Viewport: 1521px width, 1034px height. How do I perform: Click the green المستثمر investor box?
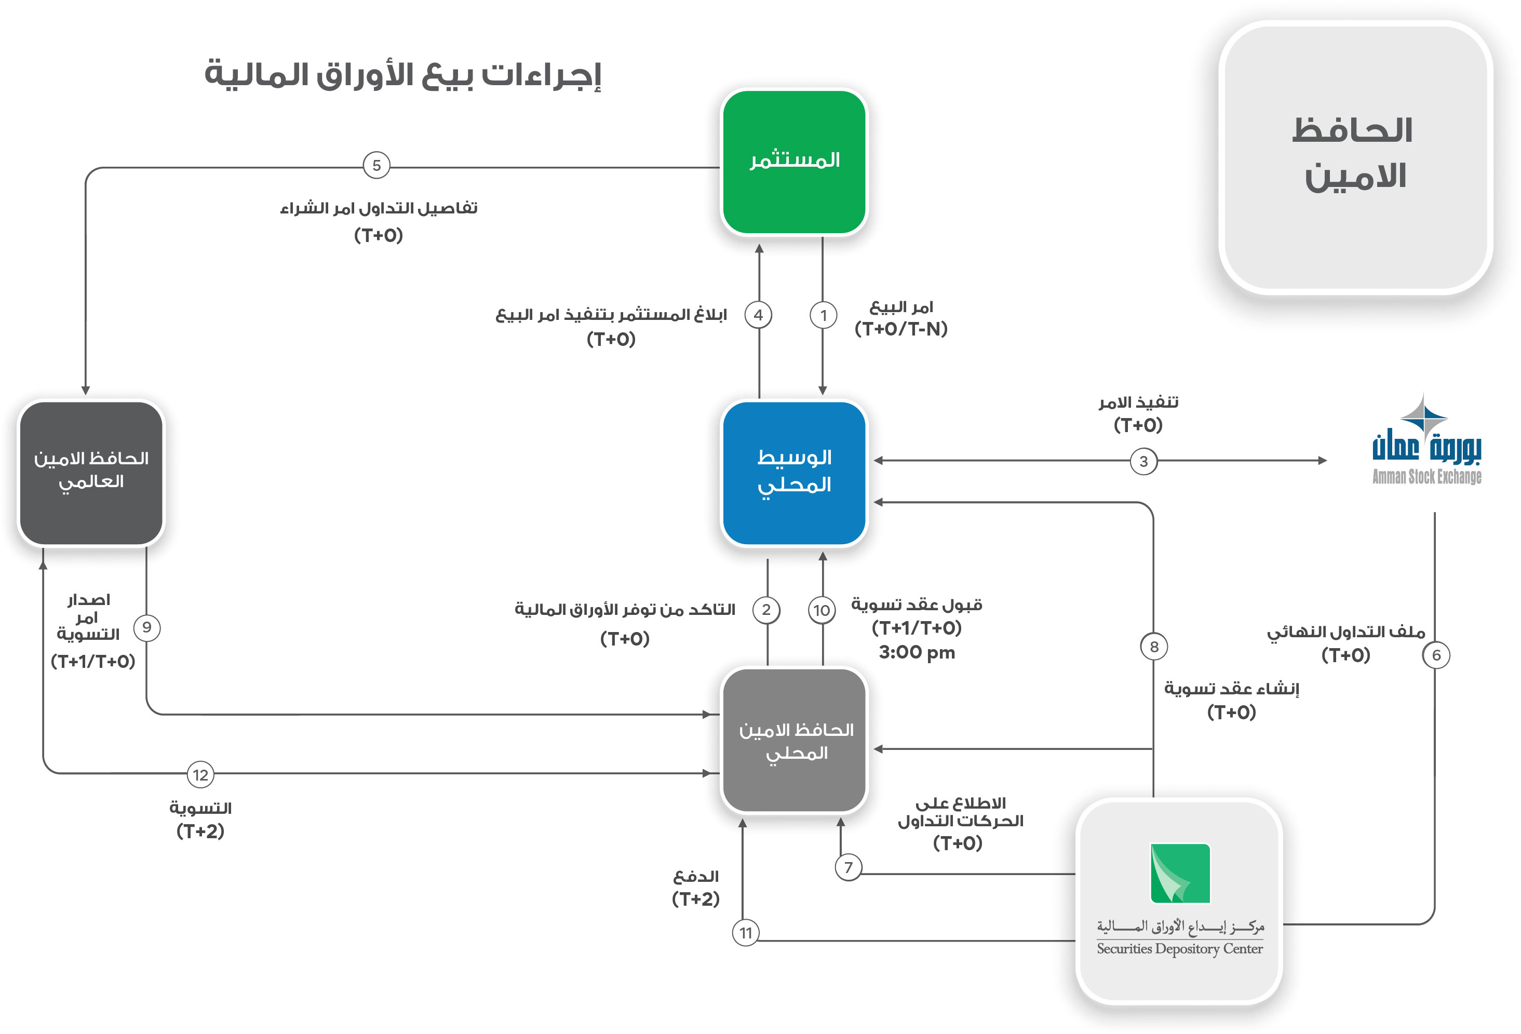pyautogui.click(x=794, y=163)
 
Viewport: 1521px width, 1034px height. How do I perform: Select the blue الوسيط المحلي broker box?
pyautogui.click(x=794, y=473)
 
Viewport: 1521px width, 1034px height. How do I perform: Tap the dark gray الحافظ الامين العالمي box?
pyautogui.click(x=91, y=473)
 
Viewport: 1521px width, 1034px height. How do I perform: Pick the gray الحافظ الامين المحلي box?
pyautogui.click(x=794, y=740)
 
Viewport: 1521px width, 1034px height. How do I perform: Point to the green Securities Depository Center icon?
pyautogui.click(x=1180, y=873)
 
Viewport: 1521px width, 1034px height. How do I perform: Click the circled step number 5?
pyautogui.click(x=376, y=166)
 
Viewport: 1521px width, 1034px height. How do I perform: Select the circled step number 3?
pyautogui.click(x=1143, y=461)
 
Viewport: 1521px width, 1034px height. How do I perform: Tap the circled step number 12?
pyautogui.click(x=200, y=775)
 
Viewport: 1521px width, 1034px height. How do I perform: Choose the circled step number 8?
pyautogui.click(x=1154, y=647)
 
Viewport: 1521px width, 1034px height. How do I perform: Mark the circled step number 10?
pyautogui.click(x=822, y=611)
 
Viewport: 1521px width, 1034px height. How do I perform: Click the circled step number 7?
pyautogui.click(x=848, y=867)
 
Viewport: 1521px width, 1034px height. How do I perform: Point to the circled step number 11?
pyautogui.click(x=746, y=933)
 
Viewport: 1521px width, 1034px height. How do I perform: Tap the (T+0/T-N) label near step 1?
pyautogui.click(x=901, y=329)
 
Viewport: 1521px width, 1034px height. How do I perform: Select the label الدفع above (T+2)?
pyautogui.click(x=696, y=876)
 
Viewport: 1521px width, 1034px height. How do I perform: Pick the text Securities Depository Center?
pyautogui.click(x=1179, y=948)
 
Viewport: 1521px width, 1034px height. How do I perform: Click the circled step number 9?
pyautogui.click(x=146, y=627)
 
